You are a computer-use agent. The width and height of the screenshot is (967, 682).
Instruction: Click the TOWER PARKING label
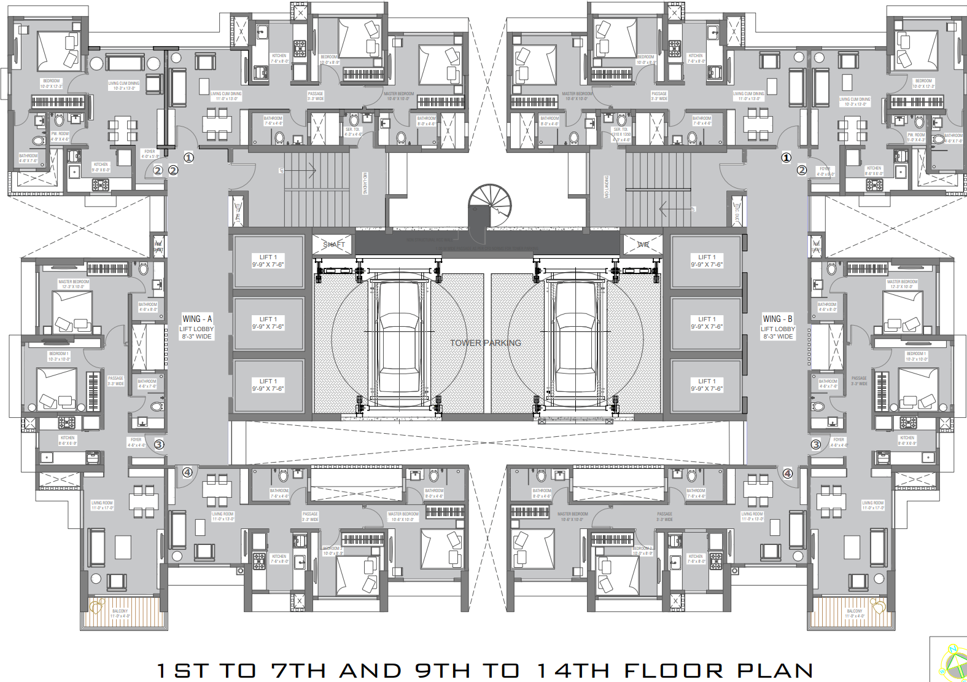[x=485, y=343]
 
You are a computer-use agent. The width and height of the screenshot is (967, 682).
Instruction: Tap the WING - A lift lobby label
[x=196, y=327]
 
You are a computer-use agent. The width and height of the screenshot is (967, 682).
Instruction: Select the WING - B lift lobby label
[x=777, y=327]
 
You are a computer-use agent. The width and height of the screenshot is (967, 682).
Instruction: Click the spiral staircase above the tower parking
[x=489, y=206]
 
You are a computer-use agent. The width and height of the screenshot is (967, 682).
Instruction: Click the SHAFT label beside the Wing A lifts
[x=334, y=245]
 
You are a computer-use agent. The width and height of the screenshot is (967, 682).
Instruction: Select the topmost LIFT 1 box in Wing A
[x=268, y=261]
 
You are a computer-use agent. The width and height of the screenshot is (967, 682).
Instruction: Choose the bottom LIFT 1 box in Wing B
[x=707, y=385]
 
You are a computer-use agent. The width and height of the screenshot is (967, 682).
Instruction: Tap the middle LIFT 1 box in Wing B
[x=707, y=323]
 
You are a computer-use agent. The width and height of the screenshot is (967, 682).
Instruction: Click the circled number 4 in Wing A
[x=187, y=472]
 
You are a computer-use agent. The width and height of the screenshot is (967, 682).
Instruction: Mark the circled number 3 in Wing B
[x=815, y=444]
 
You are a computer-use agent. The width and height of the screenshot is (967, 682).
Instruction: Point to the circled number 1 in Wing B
[x=786, y=158]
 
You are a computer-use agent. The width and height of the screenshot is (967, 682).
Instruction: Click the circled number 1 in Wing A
[x=188, y=158]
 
